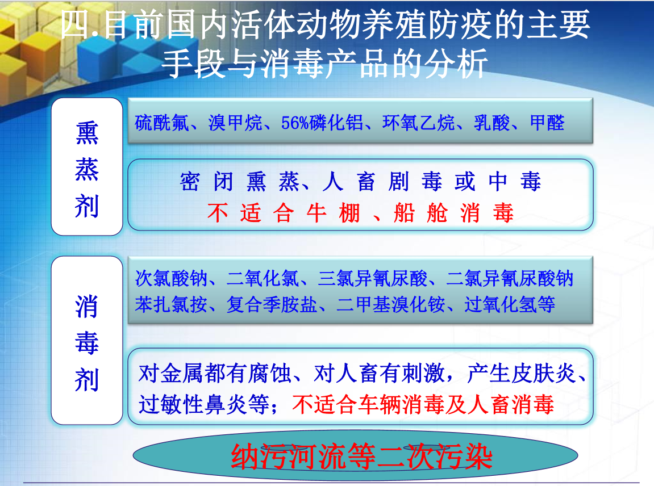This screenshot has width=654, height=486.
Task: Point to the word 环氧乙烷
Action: [418, 123]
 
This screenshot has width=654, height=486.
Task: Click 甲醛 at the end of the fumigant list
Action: [547, 123]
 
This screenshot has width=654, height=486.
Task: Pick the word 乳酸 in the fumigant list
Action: [491, 123]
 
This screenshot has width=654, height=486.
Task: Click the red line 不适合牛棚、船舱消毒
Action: [360, 212]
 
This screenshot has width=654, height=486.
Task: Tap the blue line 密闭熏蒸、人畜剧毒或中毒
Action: [360, 182]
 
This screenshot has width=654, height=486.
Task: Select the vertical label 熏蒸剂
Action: [87, 169]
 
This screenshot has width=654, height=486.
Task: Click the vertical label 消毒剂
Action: [87, 343]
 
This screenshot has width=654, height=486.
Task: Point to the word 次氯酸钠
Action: [171, 278]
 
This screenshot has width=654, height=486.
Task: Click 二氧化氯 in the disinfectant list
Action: [263, 278]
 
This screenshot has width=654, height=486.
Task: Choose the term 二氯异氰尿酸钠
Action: [510, 278]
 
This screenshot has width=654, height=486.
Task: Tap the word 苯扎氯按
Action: [171, 305]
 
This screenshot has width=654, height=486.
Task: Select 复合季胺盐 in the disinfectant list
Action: [272, 305]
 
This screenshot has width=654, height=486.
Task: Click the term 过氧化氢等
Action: [510, 305]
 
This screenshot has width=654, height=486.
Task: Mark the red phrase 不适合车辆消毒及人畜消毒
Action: [423, 404]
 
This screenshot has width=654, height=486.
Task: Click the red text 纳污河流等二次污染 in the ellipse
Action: [361, 457]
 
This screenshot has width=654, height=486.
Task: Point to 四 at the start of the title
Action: [76, 25]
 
